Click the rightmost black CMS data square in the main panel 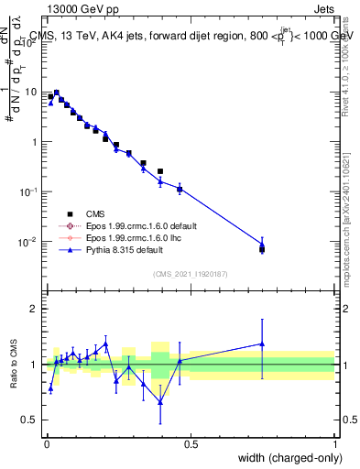[262, 248]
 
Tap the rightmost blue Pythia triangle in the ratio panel [262, 344]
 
